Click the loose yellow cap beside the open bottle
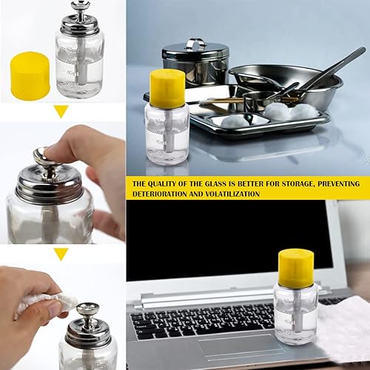click(30, 75)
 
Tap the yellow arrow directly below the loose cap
click(61, 111)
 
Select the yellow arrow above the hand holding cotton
click(61, 254)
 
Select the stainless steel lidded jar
click(195, 63)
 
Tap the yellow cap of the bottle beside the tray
click(166, 87)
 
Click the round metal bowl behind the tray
click(289, 81)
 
